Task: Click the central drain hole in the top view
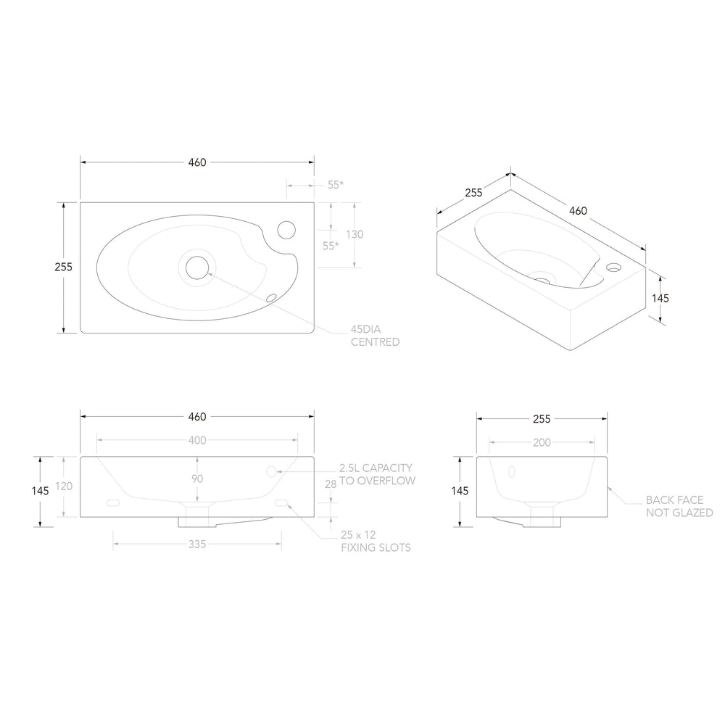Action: (197, 268)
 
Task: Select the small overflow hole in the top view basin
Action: (271, 298)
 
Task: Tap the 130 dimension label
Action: (355, 234)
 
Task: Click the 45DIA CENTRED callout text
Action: (375, 336)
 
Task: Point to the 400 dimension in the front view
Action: (197, 440)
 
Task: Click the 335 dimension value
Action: (197, 544)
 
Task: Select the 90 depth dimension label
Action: (197, 478)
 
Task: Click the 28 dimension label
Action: (331, 484)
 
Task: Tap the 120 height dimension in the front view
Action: (64, 486)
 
